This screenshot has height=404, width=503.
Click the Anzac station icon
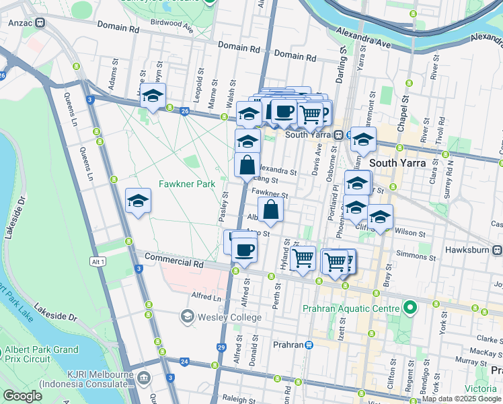pos(40,22)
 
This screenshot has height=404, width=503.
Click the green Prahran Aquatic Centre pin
pos(410,309)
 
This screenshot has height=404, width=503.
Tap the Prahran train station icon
pos(309,345)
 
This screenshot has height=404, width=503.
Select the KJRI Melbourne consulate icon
pos(143,378)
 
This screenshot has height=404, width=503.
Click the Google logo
pos(22,396)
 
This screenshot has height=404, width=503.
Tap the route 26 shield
pos(184,110)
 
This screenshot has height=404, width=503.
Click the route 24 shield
pos(184,362)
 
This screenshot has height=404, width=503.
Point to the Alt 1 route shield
pos(98,261)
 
